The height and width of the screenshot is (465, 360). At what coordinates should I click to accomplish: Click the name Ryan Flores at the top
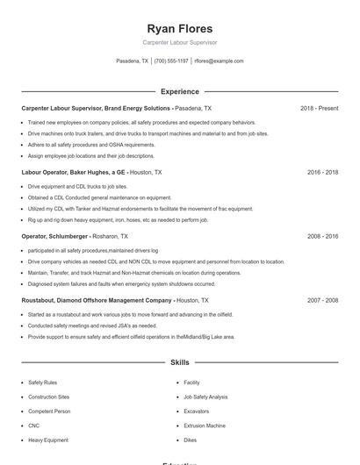coord(179,28)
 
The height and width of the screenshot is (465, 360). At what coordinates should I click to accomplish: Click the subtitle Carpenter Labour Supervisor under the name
coord(179,42)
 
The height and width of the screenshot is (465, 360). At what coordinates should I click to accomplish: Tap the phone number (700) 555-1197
coord(171,61)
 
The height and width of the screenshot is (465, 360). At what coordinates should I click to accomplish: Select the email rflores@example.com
coord(219,61)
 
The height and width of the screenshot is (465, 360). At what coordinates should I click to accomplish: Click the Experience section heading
coord(179,91)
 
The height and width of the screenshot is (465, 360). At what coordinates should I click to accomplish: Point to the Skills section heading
coord(179,362)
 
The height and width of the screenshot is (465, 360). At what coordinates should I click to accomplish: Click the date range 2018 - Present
coord(319,108)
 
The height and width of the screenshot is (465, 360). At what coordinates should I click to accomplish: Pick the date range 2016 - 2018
coord(322,172)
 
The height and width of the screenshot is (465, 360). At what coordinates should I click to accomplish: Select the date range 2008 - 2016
coord(322,236)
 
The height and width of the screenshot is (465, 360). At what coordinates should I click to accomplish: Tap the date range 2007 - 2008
coord(322,300)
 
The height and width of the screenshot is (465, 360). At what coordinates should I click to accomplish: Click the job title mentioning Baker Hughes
coord(75,172)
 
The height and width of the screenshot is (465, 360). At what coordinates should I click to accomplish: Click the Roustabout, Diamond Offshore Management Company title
coord(97,300)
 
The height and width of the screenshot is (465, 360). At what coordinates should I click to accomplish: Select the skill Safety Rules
coord(42,383)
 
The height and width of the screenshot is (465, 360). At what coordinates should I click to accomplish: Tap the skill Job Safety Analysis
coord(205,397)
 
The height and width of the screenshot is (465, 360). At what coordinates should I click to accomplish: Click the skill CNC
coord(34,426)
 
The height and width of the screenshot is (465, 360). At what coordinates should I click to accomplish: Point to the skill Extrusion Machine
coord(204,426)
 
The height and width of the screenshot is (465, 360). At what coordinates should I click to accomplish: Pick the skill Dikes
coord(190,440)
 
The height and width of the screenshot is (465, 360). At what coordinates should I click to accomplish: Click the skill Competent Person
coord(49,411)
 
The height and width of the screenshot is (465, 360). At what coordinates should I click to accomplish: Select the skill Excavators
coord(196,411)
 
